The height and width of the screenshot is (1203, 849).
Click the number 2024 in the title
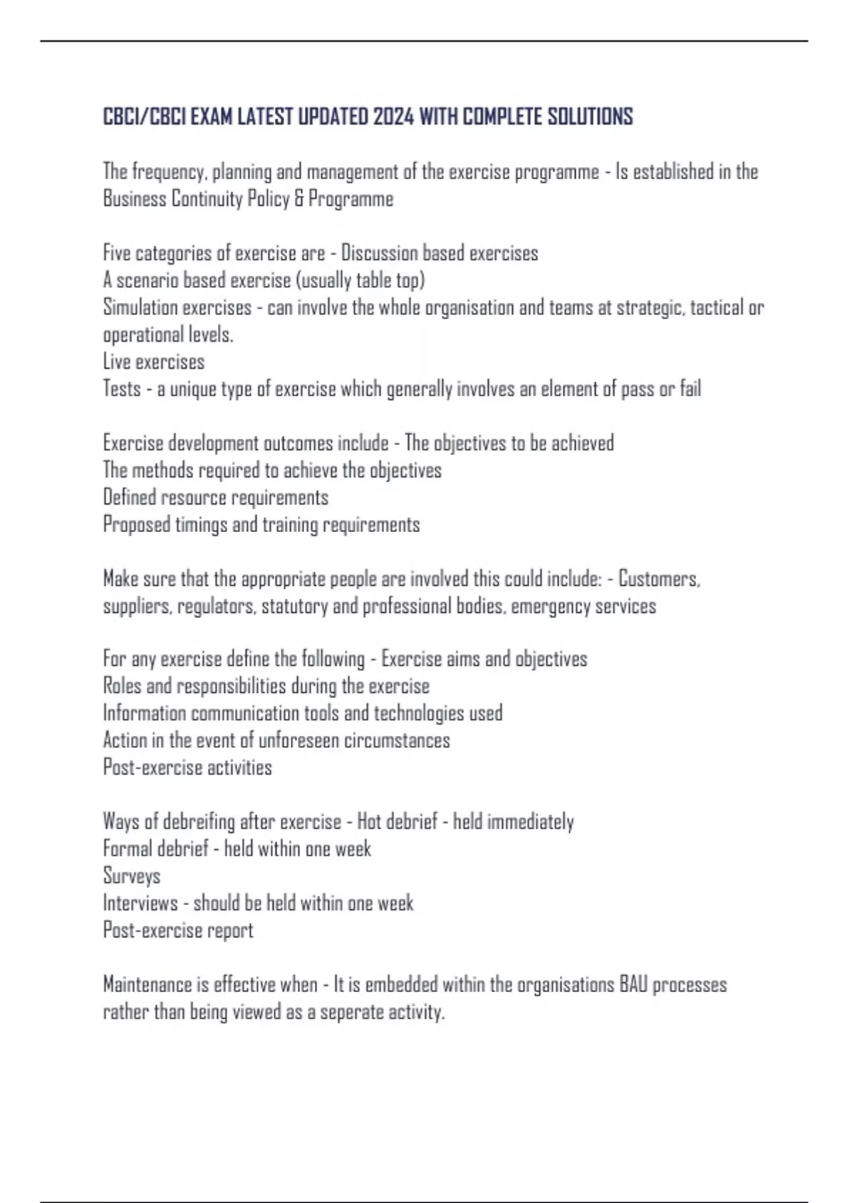[x=393, y=117]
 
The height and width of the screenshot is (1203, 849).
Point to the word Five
[x=117, y=253]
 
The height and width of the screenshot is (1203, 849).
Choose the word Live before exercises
[x=116, y=362]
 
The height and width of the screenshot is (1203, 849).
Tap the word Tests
[x=122, y=389]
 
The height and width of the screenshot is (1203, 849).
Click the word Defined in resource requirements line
[x=129, y=497]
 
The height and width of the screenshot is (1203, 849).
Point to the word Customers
[x=658, y=579]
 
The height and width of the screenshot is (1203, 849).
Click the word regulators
[x=216, y=606]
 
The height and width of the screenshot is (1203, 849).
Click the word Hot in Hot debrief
[x=369, y=822]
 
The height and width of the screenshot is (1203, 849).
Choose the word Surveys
[x=132, y=876]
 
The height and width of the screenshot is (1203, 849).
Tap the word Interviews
[x=140, y=904]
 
